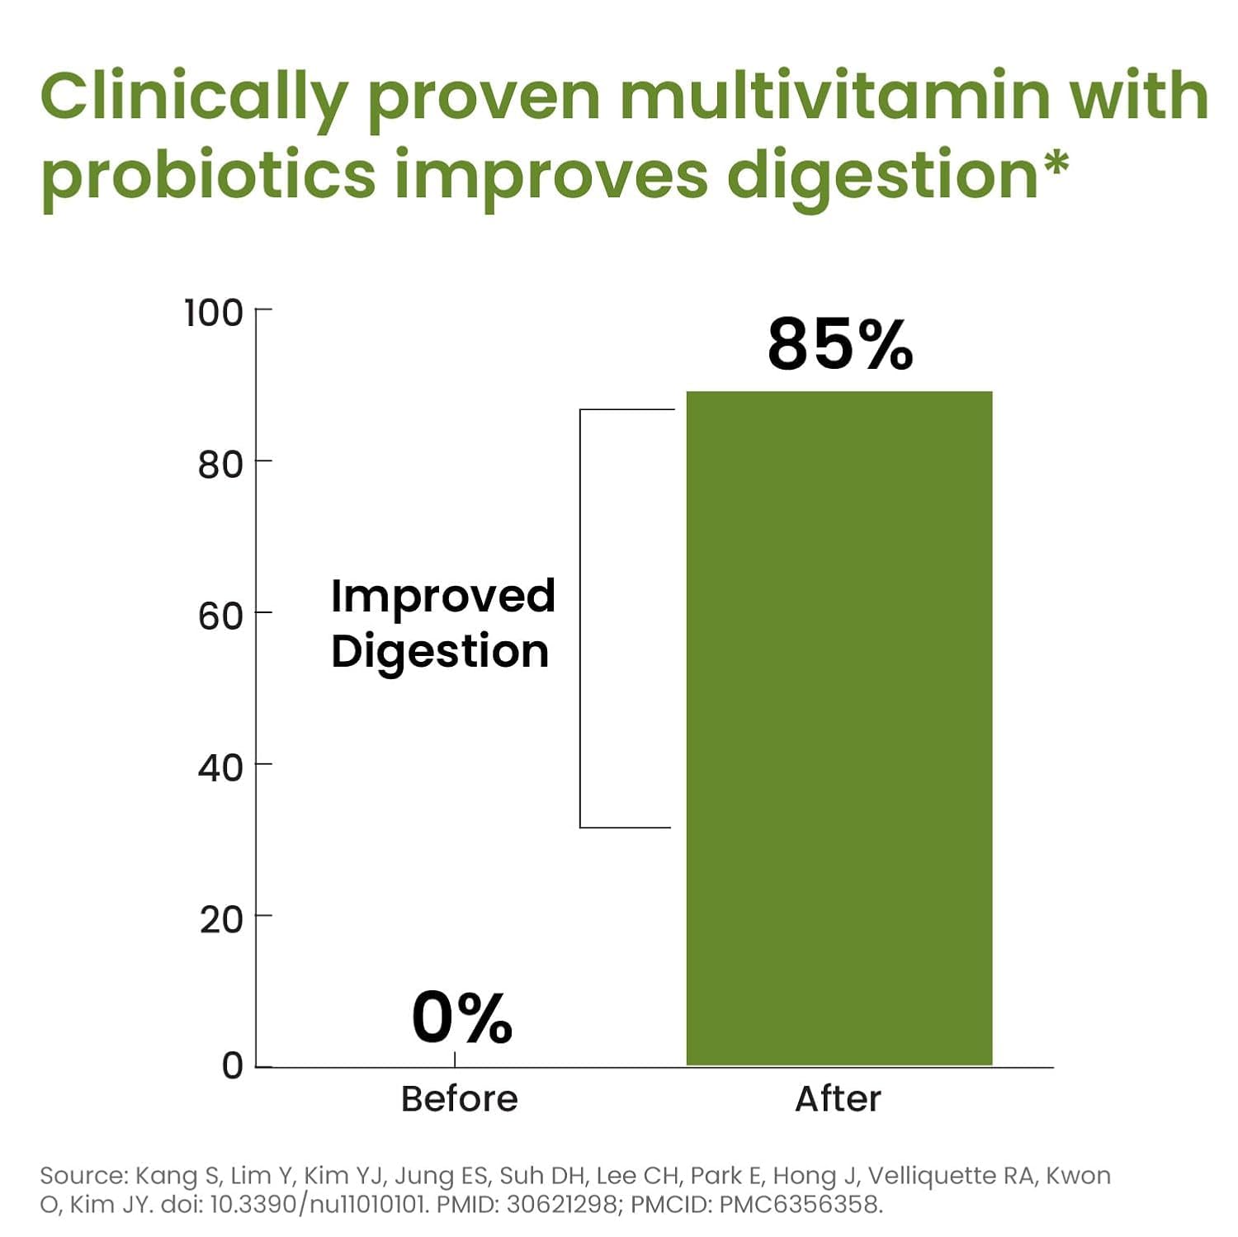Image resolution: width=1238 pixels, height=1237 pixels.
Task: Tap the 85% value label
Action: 840,344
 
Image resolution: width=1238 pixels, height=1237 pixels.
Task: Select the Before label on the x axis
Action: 459,1099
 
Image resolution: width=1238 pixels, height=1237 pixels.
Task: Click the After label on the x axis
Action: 838,1099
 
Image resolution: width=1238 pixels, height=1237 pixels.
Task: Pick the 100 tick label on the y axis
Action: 214,314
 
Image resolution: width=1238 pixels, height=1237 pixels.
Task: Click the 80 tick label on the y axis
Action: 220,465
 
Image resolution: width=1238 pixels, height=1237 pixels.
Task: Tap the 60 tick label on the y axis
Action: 220,616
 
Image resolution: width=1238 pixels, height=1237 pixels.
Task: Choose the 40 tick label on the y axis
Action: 220,768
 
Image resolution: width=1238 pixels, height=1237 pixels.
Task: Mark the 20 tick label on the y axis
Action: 220,919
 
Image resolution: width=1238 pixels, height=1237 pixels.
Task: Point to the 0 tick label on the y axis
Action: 232,1066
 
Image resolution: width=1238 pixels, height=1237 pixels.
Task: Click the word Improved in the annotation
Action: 442,597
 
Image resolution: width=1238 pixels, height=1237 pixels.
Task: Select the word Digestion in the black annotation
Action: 440,652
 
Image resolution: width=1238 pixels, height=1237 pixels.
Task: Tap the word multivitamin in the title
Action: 835,96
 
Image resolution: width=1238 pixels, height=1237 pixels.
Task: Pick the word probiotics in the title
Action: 208,175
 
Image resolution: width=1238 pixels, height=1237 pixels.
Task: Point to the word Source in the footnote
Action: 83,1176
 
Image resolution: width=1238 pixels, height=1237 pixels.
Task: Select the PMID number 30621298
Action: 561,1205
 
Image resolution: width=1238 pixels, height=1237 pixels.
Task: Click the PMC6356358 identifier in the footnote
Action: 800,1205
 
